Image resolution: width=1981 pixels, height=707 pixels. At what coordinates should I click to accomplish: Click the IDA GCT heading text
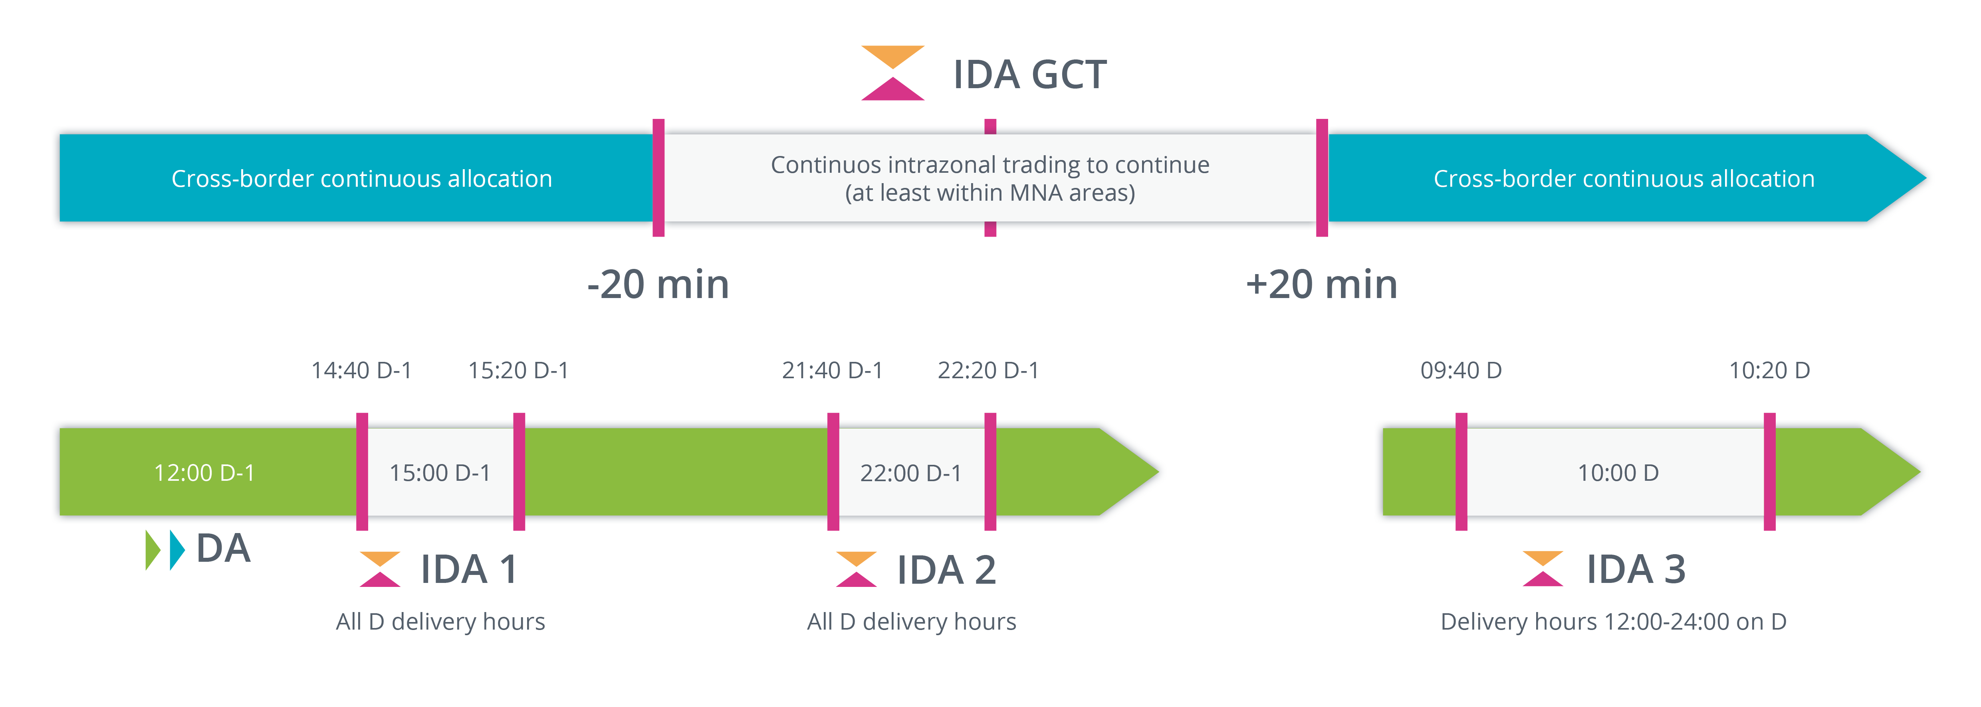tap(1030, 75)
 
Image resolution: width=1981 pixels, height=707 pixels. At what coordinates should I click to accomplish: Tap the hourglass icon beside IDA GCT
tap(892, 73)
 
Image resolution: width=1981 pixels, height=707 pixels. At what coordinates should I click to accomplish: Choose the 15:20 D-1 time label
tap(518, 370)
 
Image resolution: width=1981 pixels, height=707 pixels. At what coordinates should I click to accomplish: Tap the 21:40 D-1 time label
tap(832, 370)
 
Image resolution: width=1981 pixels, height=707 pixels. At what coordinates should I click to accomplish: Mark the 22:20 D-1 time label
tap(988, 370)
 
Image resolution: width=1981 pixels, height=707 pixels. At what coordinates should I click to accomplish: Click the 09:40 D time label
tap(1460, 370)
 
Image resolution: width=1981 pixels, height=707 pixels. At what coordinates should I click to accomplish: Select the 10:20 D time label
tap(1769, 370)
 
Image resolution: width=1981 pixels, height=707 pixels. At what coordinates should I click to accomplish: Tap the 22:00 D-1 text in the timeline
tap(910, 473)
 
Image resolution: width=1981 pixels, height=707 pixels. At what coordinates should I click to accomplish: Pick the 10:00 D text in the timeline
tap(1618, 473)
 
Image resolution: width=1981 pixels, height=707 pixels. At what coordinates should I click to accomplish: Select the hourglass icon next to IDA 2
tap(856, 569)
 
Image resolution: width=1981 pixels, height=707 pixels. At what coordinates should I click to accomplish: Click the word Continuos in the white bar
tap(825, 164)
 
